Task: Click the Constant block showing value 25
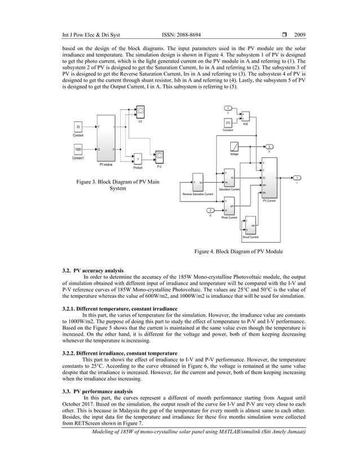[78, 127]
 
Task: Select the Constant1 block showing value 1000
[78, 150]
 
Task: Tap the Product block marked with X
[138, 159]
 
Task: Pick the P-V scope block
[160, 155]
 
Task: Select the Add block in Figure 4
[245, 116]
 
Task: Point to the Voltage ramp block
[234, 146]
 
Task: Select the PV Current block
[269, 177]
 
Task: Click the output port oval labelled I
[297, 178]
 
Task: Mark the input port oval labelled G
[210, 211]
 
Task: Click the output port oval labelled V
[269, 146]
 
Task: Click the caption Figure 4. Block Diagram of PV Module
[238, 251]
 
